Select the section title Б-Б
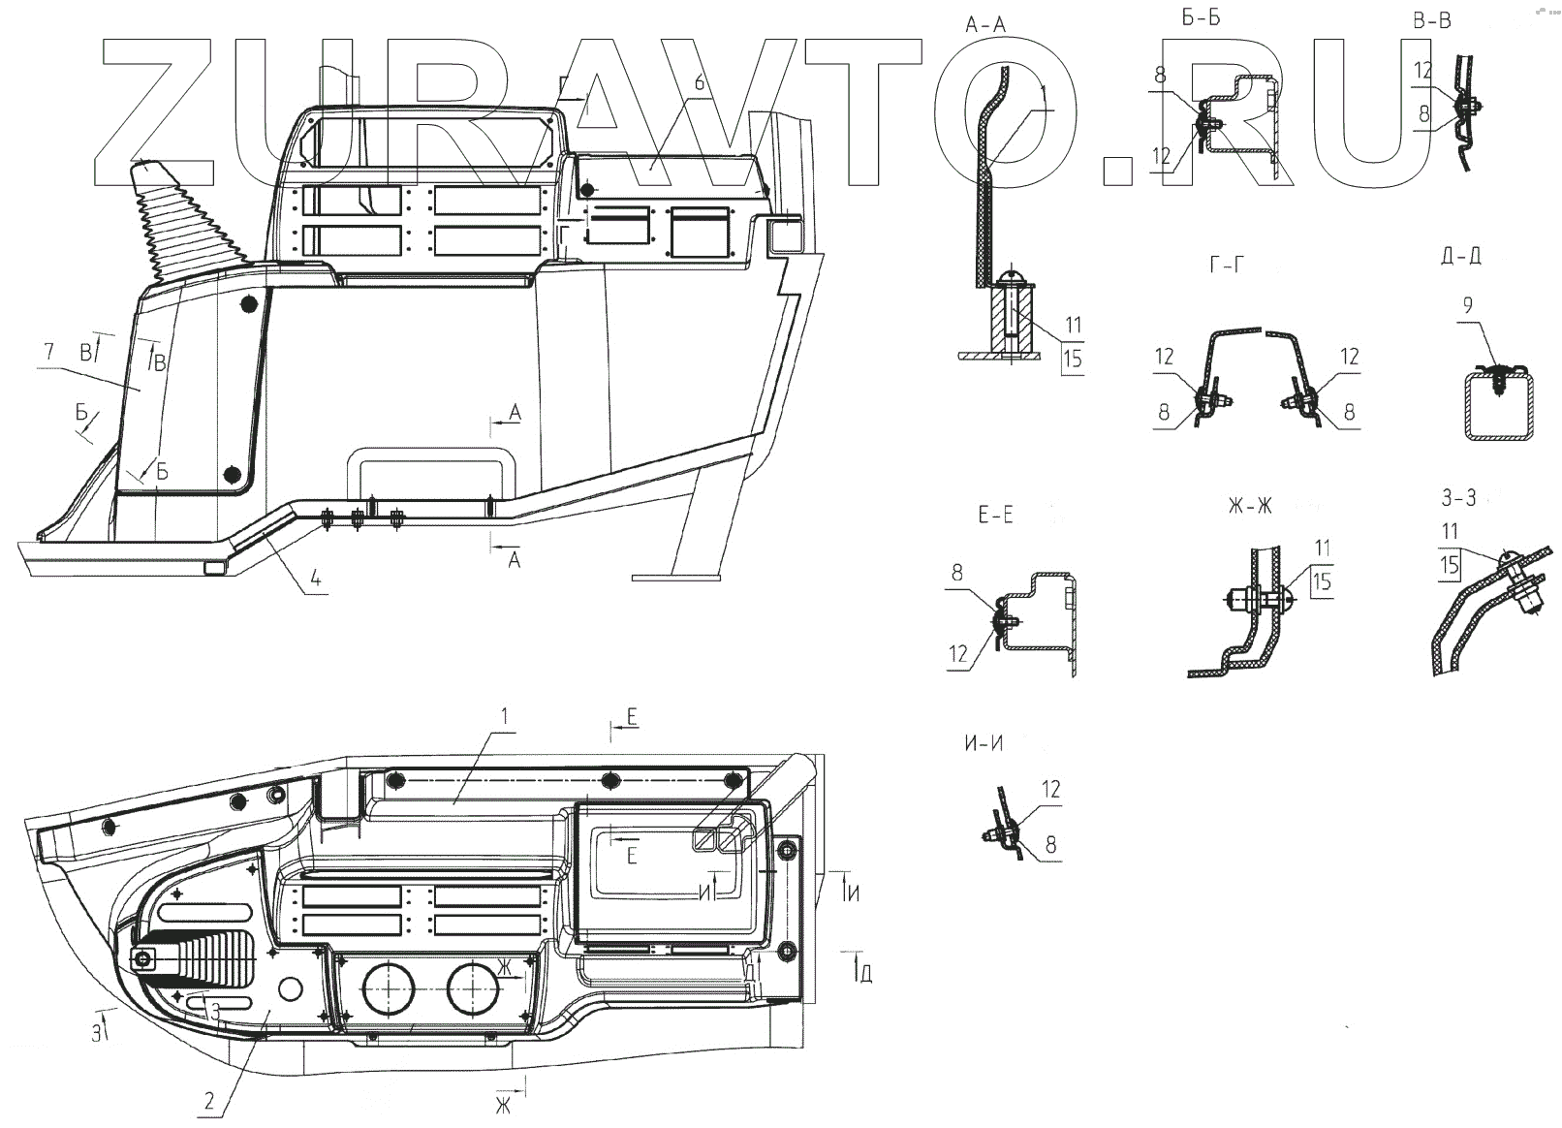pos(1201,19)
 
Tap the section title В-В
pos(1431,21)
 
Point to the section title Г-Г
pos(1226,264)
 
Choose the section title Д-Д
pos(1460,256)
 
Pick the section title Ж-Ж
pos(1250,506)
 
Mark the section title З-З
pos(1458,498)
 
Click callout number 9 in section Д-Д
pos(1468,306)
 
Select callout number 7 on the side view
pos(48,351)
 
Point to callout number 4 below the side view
pos(314,582)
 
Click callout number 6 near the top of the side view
pos(700,82)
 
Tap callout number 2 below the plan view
pos(209,1100)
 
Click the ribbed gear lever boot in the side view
pos(187,223)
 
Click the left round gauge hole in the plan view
pos(388,988)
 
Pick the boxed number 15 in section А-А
pos(1071,359)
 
